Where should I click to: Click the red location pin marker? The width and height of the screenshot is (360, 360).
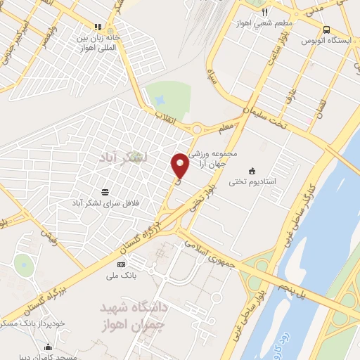click(x=179, y=165)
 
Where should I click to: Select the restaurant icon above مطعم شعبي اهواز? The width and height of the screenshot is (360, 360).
click(x=265, y=12)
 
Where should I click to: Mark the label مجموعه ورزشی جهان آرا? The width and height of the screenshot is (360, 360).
click(x=236, y=157)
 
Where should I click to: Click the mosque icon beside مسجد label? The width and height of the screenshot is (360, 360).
click(x=47, y=347)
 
